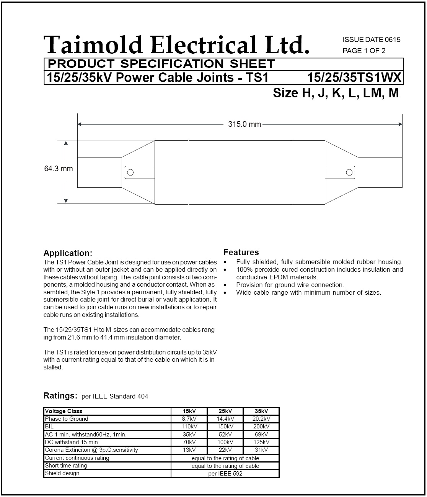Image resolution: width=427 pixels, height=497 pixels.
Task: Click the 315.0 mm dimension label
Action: click(x=244, y=124)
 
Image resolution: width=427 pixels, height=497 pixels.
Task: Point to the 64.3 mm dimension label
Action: click(x=59, y=169)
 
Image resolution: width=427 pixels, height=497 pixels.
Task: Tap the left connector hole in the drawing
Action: click(x=130, y=172)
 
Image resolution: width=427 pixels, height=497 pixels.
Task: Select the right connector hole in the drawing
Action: click(x=349, y=172)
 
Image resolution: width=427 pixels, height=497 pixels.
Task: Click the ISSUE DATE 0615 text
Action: click(x=371, y=40)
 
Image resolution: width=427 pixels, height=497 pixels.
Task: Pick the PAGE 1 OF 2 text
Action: click(x=364, y=51)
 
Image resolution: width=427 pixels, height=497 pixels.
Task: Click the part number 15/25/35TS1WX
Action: click(x=354, y=78)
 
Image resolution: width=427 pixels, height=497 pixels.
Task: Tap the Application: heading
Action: click(x=68, y=253)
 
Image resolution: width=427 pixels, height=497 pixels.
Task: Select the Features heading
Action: click(x=241, y=252)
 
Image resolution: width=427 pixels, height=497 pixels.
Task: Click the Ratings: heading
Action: click(x=60, y=395)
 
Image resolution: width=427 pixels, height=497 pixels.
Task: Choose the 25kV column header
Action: click(x=225, y=411)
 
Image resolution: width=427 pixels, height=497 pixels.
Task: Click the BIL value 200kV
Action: click(x=261, y=426)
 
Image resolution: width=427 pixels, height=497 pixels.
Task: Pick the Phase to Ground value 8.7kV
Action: click(x=189, y=419)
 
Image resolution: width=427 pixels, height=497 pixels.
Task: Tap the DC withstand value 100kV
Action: click(x=225, y=442)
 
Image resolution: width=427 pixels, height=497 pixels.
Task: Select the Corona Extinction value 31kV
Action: click(x=261, y=450)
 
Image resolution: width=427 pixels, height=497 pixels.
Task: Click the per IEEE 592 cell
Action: click(x=225, y=474)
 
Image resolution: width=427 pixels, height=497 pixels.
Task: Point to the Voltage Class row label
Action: click(x=64, y=411)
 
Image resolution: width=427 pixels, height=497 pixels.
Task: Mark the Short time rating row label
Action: click(x=66, y=466)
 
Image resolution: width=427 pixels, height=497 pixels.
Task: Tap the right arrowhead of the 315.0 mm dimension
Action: click(x=400, y=124)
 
